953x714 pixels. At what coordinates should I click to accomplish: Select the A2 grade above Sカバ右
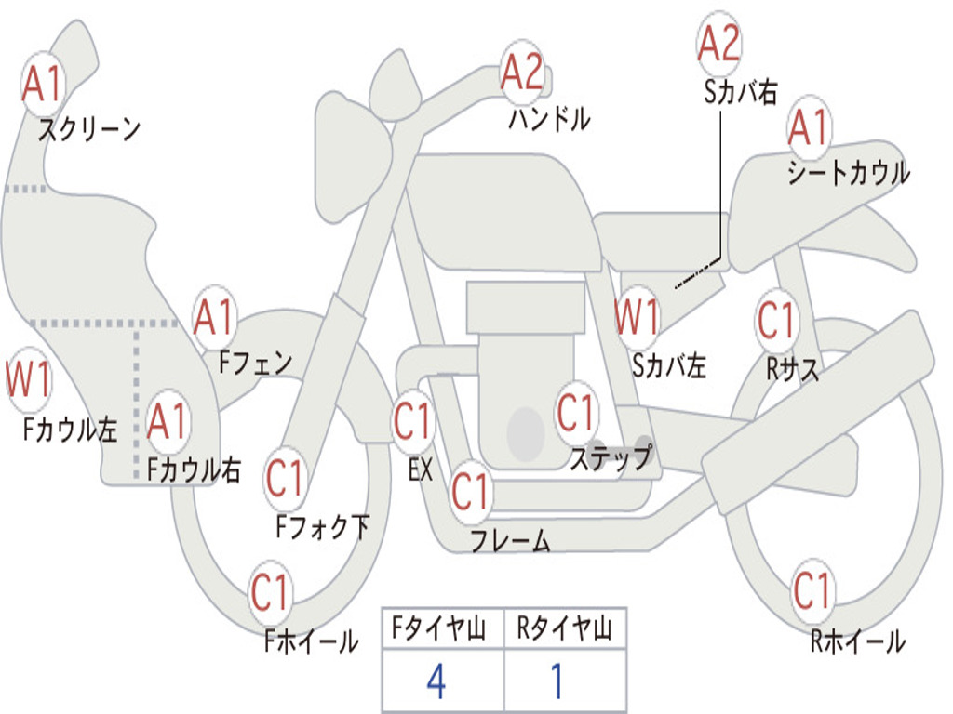[718, 44]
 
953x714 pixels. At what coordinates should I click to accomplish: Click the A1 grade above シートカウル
[808, 129]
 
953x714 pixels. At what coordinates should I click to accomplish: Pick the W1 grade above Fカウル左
[29, 380]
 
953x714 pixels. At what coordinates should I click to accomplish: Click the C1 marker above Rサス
[777, 322]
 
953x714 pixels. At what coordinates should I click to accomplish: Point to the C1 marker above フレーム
[471, 492]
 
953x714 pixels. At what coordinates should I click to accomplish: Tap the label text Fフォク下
[322, 528]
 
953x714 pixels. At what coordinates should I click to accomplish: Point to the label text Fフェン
[255, 362]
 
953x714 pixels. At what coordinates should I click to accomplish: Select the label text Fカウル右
[195, 470]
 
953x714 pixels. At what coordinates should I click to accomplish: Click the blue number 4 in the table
[436, 681]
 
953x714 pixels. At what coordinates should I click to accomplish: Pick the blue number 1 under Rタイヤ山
[557, 681]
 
